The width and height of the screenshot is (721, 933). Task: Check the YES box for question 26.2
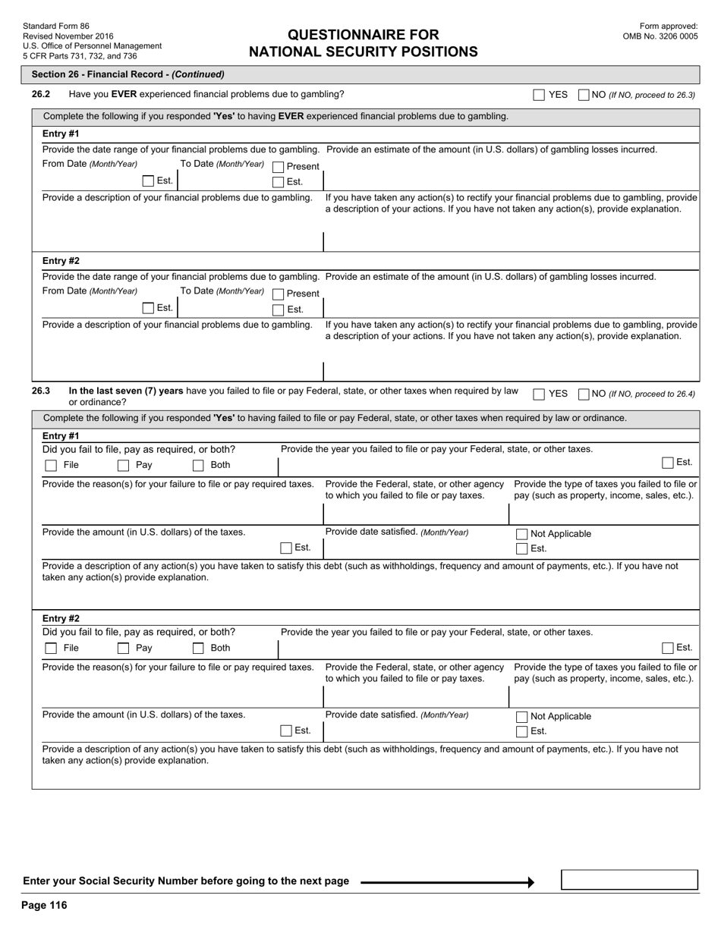point(539,95)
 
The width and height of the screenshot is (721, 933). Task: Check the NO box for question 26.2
point(584,95)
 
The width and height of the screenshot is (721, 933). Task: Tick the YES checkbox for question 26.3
point(539,394)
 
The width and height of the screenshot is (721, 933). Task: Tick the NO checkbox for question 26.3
point(584,394)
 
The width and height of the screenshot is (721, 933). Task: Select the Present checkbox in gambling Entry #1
point(278,167)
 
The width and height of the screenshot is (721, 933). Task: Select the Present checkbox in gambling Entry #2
point(278,294)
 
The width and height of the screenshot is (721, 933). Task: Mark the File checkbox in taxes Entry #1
point(51,466)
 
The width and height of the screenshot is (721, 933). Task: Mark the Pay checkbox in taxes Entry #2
point(123,649)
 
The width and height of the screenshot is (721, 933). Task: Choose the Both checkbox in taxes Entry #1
point(198,466)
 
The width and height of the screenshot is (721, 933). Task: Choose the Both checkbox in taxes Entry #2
point(198,649)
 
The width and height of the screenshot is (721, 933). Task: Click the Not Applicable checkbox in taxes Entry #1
point(521,534)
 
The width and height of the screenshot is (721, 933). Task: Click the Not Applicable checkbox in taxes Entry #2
point(521,717)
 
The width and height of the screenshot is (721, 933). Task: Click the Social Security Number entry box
point(629,880)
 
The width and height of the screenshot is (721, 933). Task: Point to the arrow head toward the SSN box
point(531,882)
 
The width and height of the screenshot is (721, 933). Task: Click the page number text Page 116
point(45,906)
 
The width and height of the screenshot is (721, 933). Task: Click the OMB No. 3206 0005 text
point(660,36)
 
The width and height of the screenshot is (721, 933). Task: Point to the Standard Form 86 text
point(55,26)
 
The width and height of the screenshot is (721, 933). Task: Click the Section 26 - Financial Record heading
point(128,74)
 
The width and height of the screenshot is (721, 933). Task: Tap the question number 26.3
point(41,391)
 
